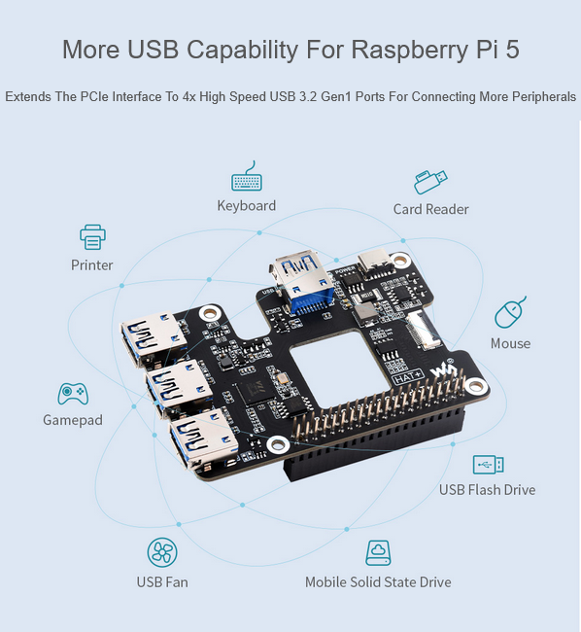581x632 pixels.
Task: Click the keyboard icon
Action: (247, 178)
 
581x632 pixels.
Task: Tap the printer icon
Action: (92, 237)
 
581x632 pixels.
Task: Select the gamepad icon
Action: (73, 394)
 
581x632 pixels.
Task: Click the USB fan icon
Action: (162, 552)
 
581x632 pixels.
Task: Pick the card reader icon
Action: (430, 182)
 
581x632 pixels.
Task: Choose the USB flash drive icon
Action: (488, 465)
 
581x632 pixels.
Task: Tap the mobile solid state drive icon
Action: (378, 552)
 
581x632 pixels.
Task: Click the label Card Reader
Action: (430, 209)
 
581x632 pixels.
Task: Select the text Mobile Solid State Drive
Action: (378, 582)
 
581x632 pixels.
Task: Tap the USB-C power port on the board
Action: (376, 261)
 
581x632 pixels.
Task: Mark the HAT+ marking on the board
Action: (408, 377)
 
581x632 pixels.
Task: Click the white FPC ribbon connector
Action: (424, 332)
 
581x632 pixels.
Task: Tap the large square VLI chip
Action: (255, 392)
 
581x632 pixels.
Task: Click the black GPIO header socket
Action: (374, 442)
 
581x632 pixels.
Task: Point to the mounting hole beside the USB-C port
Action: (400, 260)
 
